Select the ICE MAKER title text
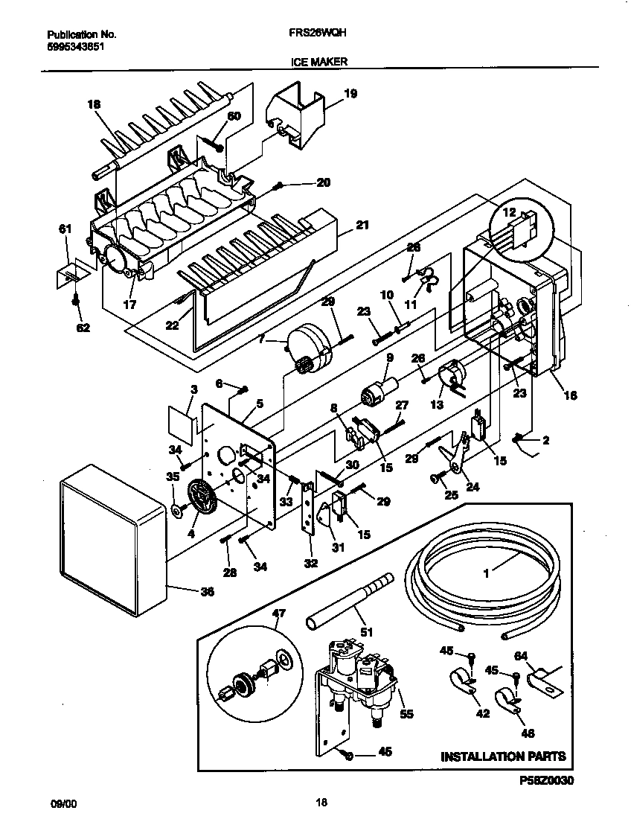[319, 63]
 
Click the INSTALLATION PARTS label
[503, 756]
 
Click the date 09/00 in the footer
[63, 803]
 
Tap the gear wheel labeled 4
[199, 496]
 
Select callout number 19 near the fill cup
[350, 94]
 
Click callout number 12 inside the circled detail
[510, 212]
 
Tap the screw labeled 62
[76, 301]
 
